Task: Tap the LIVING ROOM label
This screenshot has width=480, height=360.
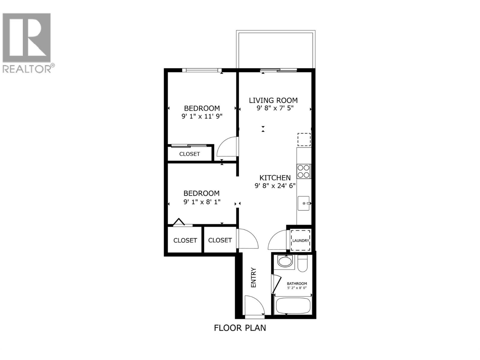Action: click(x=273, y=100)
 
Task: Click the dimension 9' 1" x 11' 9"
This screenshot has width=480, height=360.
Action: click(x=202, y=116)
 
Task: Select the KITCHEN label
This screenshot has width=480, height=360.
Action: click(x=275, y=178)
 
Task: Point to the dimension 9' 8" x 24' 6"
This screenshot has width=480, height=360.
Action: click(x=275, y=186)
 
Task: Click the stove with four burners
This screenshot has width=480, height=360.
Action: click(x=304, y=171)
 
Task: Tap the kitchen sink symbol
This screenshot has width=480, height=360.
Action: click(x=304, y=203)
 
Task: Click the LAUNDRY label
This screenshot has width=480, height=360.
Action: click(x=300, y=241)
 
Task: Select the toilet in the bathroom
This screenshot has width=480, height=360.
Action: click(x=302, y=264)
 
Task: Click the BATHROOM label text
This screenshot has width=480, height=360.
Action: click(x=297, y=283)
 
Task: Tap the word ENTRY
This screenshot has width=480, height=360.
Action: click(x=253, y=277)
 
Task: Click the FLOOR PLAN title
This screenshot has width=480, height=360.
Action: click(x=240, y=328)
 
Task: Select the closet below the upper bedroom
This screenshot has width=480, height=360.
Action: click(x=189, y=154)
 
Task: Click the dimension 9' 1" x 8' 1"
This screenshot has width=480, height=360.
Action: click(x=202, y=202)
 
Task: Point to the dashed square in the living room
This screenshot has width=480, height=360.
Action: click(x=304, y=139)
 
